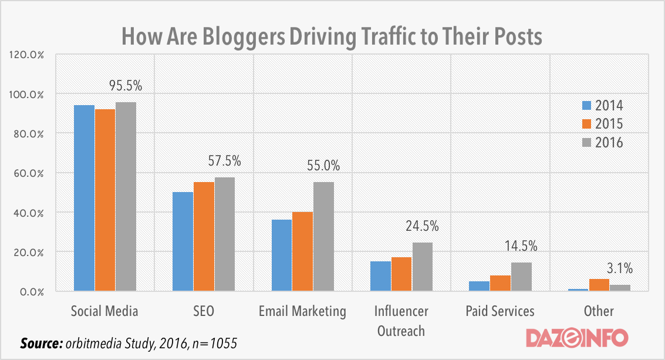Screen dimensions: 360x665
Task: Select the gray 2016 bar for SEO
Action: click(x=224, y=234)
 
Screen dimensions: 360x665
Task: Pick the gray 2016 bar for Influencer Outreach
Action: click(x=421, y=267)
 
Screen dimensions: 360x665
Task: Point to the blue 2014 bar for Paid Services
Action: click(x=479, y=286)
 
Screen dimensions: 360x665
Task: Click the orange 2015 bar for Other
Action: click(x=599, y=285)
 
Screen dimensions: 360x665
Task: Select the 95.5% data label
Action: click(x=126, y=86)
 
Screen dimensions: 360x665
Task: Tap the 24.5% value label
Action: click(x=422, y=226)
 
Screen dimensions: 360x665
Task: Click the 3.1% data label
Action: click(x=620, y=269)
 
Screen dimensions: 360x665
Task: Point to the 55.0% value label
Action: click(x=323, y=166)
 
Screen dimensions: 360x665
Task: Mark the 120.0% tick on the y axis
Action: click(x=26, y=55)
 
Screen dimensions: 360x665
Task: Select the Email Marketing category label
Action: click(x=302, y=311)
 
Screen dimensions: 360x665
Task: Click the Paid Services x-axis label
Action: click(x=499, y=311)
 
